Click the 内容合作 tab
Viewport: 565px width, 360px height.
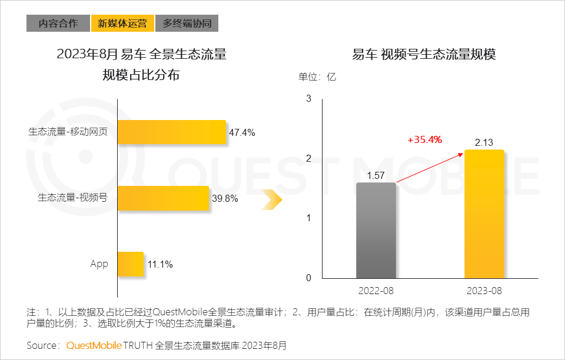pos(58,24)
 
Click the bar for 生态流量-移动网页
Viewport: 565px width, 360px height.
pos(171,132)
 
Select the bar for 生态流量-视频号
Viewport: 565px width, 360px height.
pos(163,198)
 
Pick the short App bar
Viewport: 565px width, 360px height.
pos(130,264)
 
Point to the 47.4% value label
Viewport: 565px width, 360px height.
pos(242,133)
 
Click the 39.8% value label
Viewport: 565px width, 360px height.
pos(225,199)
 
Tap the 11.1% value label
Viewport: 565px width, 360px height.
pos(159,265)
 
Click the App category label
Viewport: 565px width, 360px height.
pos(99,264)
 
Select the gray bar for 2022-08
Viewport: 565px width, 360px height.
pos(376,230)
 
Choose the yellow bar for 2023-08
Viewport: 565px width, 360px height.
pos(484,214)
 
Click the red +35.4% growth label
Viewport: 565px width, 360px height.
pos(424,140)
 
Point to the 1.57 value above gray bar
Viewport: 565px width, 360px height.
pos(376,175)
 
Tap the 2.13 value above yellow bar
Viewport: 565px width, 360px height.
pos(484,142)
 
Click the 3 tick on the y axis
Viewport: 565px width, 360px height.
pos(308,98)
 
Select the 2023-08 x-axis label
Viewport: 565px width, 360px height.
pos(484,291)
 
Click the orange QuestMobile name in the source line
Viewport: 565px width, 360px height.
pos(94,345)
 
